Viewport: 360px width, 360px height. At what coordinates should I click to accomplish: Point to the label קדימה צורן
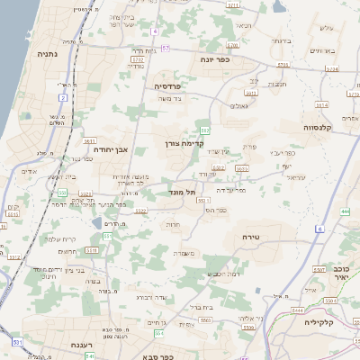(186, 143)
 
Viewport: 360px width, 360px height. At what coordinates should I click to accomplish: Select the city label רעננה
(64, 345)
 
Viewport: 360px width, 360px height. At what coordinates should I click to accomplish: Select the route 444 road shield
(346, 211)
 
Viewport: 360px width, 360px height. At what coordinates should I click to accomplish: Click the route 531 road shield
(19, 342)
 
